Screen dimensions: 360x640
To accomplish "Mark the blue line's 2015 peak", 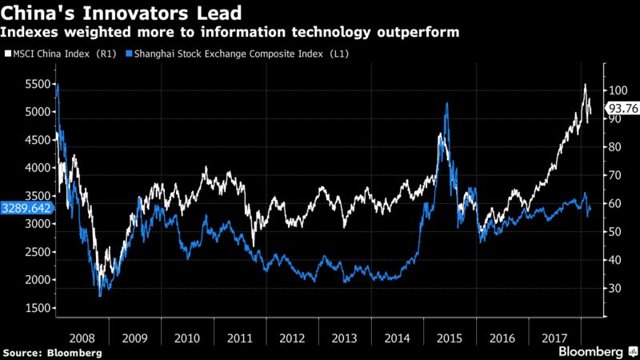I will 446,104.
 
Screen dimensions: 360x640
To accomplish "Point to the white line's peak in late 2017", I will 586,84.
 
